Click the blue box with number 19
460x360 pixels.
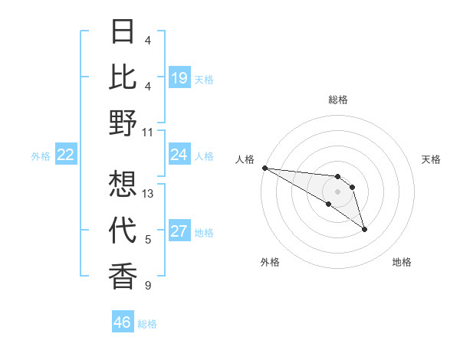[179, 78]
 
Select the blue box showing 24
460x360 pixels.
[179, 155]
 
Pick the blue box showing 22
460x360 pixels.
[66, 155]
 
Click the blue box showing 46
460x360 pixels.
[123, 322]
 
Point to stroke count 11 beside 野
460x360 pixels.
[148, 131]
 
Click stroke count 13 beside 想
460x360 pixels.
[148, 194]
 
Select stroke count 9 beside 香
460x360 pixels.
[148, 286]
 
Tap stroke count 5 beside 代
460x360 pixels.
[148, 240]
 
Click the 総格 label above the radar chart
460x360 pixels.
[337, 100]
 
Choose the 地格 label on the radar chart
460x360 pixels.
[402, 262]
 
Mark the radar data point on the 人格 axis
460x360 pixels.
[264, 168]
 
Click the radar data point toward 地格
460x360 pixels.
[364, 228]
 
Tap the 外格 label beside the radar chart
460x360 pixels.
[270, 262]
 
